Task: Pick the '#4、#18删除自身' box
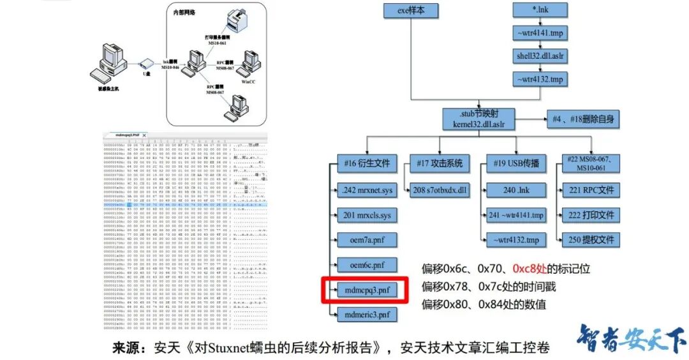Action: pos(583,119)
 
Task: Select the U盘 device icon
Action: pos(146,63)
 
